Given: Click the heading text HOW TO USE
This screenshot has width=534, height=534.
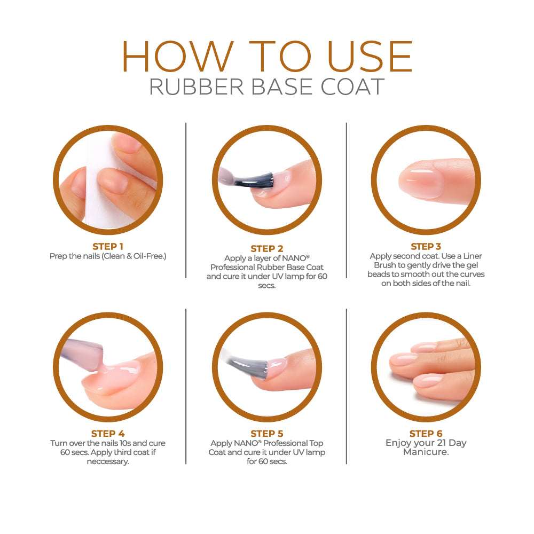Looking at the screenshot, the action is (267, 56).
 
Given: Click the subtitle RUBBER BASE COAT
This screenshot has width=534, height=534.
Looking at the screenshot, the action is (267, 87).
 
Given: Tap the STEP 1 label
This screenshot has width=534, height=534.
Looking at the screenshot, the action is (108, 246).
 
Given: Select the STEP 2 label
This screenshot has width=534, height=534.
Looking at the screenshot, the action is (266, 249).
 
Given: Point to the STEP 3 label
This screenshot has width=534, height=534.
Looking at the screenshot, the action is (426, 246).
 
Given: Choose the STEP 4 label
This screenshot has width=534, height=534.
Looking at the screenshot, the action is (108, 434).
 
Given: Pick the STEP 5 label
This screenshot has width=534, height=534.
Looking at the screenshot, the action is (266, 434).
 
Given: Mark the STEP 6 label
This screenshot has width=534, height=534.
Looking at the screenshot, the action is (426, 434).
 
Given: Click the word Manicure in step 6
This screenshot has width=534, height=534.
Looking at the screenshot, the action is (426, 452).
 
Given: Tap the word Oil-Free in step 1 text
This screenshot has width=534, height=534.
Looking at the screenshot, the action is (149, 256).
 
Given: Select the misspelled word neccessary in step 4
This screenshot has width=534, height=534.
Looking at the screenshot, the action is (108, 461).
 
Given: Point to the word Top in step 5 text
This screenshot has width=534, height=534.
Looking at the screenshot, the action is (316, 443).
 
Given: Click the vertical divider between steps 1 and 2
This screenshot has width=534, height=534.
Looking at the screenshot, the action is (186, 200).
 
